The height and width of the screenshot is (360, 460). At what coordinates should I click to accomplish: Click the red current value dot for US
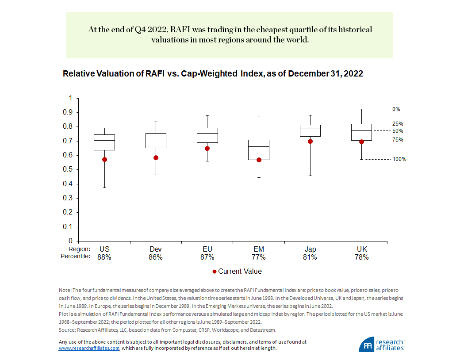[x=104, y=159]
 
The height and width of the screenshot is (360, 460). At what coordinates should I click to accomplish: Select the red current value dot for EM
[x=259, y=160]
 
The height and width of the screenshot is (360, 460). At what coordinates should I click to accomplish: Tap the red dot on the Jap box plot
[x=310, y=141]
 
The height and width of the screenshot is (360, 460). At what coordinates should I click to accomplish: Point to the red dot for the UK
[x=361, y=142]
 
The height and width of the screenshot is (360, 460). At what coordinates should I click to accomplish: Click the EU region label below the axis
[x=207, y=249]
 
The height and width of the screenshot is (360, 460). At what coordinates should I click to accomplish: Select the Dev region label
[x=156, y=249]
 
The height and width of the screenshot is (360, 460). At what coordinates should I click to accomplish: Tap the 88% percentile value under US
[x=104, y=257]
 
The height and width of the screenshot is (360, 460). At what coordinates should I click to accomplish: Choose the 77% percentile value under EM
[x=259, y=257]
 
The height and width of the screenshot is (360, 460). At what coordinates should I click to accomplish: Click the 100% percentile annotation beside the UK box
[x=399, y=159]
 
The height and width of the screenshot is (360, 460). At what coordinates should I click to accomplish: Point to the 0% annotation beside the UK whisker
[x=396, y=109]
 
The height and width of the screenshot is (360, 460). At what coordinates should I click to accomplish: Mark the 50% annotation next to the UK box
[x=398, y=131]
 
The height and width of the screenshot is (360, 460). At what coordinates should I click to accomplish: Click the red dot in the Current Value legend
[x=214, y=272]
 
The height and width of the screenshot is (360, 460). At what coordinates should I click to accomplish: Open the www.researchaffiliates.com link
[x=89, y=348]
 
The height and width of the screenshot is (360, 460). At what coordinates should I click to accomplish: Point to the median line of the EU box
[x=207, y=133]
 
